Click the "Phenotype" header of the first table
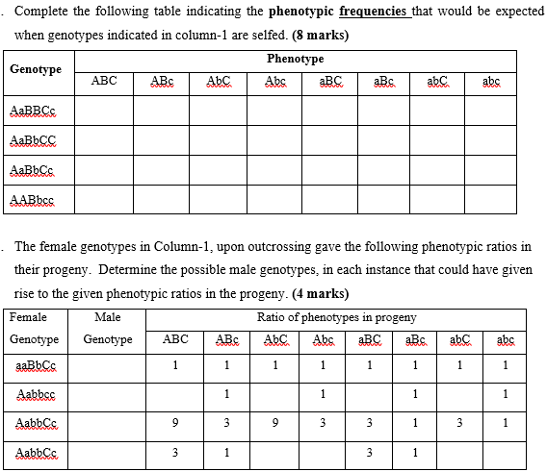click(x=295, y=60)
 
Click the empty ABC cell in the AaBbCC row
click(x=104, y=140)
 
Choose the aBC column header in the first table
click(x=329, y=82)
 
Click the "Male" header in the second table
click(x=108, y=317)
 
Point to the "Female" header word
click(x=28, y=317)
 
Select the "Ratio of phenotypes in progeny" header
click(x=336, y=317)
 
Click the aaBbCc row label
click(x=36, y=365)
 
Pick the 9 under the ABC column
click(x=175, y=422)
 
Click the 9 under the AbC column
click(x=275, y=422)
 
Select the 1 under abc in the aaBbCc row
click(x=506, y=365)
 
